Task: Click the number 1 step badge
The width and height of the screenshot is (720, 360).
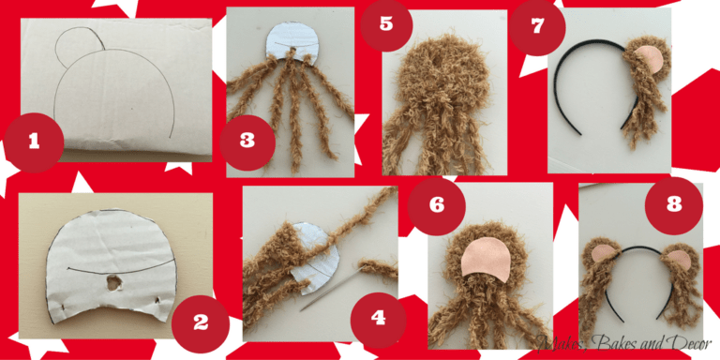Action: click(x=34, y=142)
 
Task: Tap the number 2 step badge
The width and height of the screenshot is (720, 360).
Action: click(x=201, y=323)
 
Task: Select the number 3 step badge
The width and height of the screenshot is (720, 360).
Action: click(x=247, y=142)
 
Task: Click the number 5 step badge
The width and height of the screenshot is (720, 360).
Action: click(x=386, y=23)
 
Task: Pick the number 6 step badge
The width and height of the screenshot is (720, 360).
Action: click(x=437, y=205)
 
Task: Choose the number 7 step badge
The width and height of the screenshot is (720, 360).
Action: click(x=537, y=27)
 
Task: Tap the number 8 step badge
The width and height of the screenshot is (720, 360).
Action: click(x=674, y=205)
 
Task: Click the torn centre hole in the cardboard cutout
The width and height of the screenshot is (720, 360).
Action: click(x=112, y=283)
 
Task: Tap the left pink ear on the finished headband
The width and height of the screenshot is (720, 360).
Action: click(x=604, y=252)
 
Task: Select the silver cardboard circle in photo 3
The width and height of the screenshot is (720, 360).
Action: click(x=291, y=44)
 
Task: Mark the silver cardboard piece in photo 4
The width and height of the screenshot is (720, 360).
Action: click(x=317, y=257)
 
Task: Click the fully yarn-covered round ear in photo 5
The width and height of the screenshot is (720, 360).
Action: click(x=439, y=82)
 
